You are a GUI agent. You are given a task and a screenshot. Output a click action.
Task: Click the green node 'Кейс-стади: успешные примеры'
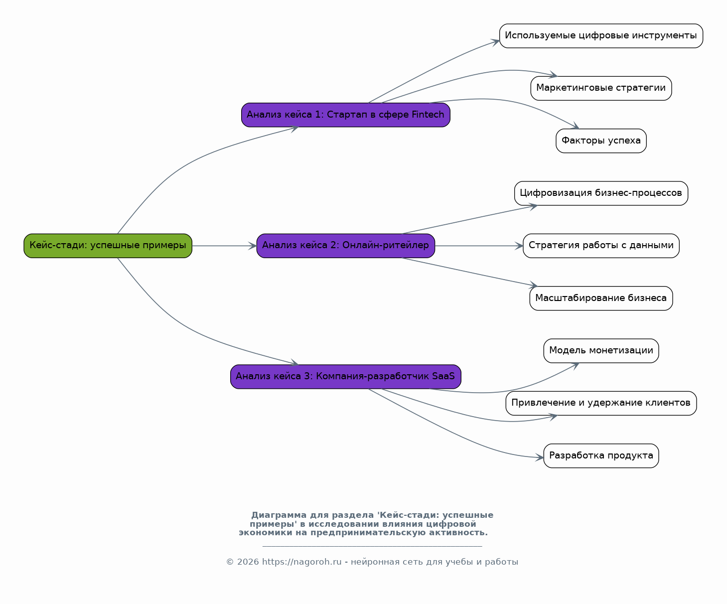[x=108, y=246]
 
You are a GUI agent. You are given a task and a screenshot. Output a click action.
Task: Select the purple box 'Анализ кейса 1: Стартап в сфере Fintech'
[x=346, y=115]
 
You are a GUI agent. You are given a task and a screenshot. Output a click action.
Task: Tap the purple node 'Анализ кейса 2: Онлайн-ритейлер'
[x=346, y=246]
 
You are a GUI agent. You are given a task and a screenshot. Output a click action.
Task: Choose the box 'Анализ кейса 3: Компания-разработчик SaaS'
[x=346, y=377]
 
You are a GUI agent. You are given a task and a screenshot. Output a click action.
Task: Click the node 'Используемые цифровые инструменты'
[x=601, y=36]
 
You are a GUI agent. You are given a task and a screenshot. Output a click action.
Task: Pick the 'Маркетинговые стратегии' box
[x=601, y=88]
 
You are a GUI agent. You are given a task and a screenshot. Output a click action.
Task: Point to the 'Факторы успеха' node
[x=601, y=141]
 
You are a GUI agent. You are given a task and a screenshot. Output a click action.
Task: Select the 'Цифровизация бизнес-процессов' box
[x=601, y=193]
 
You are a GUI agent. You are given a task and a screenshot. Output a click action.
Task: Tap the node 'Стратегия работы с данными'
[x=601, y=246]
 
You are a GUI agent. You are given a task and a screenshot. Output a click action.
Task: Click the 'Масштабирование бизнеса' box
[x=601, y=298]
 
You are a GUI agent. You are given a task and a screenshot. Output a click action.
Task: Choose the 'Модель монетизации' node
[x=601, y=351]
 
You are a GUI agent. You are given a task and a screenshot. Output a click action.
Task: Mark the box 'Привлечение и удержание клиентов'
[x=601, y=403]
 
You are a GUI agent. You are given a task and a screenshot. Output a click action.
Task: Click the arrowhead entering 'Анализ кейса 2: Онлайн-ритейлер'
[x=253, y=246]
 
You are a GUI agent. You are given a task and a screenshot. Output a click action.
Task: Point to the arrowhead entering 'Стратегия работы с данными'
[x=519, y=246]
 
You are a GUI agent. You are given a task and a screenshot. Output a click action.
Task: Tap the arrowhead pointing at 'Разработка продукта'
[x=539, y=457]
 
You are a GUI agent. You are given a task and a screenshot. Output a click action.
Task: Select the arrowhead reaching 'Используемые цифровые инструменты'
[x=495, y=42]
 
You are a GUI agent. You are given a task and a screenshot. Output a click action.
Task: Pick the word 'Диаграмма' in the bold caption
[x=279, y=515]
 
